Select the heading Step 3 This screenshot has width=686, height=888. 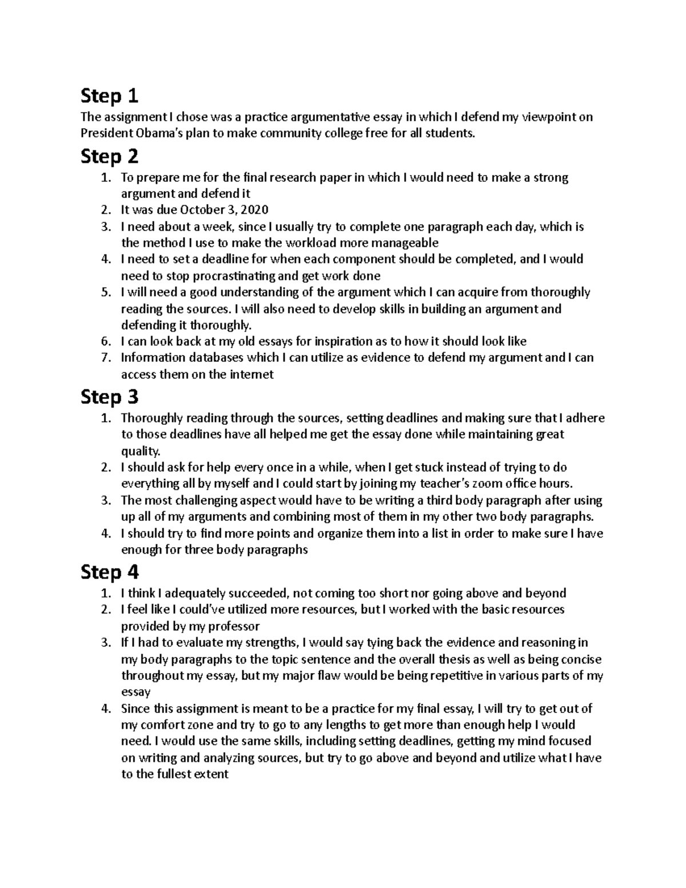point(110,397)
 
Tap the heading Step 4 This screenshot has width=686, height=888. point(110,572)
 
